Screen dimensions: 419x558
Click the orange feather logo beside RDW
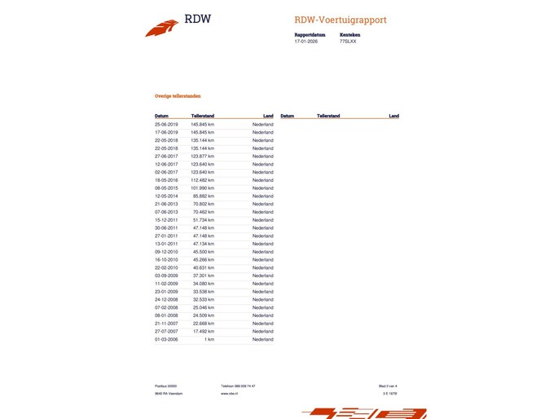pos(161,28)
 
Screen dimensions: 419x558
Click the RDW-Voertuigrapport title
pos(341,20)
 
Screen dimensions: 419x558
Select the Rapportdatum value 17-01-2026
pos(305,41)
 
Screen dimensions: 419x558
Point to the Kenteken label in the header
pos(349,34)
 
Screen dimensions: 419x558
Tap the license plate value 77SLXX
pos(348,41)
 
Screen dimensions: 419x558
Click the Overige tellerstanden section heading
pos(178,95)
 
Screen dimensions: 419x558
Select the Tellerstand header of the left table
pos(203,116)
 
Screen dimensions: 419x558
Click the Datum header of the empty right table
pos(287,116)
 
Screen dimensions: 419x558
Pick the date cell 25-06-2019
pos(166,124)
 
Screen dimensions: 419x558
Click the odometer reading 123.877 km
pos(202,156)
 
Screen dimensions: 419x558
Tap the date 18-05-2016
pos(166,180)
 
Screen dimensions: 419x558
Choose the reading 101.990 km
pos(202,188)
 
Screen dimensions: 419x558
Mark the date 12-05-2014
pos(166,196)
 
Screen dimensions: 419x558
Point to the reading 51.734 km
pos(203,220)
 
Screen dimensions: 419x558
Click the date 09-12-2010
pos(166,252)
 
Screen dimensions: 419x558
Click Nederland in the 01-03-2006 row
pos(262,339)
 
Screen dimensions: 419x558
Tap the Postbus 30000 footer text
pos(165,386)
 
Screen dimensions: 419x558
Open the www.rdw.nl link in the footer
pos(229,393)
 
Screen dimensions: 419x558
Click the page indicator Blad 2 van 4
pos(388,386)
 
